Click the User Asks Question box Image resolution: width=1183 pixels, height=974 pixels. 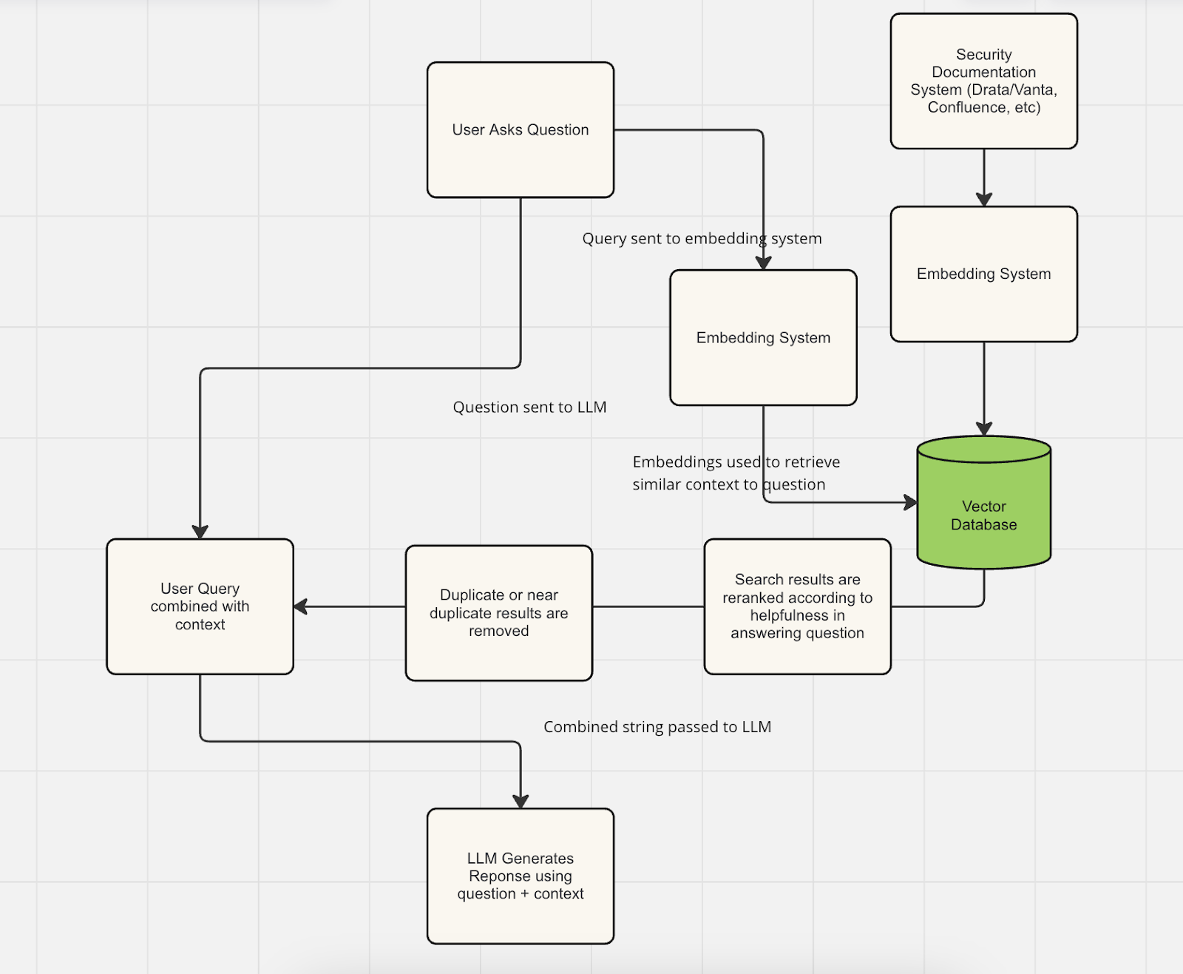click(521, 130)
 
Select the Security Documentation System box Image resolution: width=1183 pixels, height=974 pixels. click(983, 81)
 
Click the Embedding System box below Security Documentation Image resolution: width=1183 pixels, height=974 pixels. click(983, 274)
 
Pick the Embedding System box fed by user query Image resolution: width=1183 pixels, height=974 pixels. click(763, 337)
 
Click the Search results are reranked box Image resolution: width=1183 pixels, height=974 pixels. click(797, 606)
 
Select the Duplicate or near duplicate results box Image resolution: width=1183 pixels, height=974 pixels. click(499, 613)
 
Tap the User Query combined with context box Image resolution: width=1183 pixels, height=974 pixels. click(200, 606)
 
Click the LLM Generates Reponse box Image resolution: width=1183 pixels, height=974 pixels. click(521, 876)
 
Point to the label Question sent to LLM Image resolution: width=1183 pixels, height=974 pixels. click(529, 407)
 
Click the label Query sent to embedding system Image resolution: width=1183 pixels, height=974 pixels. click(702, 239)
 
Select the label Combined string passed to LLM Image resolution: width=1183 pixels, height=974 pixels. click(657, 727)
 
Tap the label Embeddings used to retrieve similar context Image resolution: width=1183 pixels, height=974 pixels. click(736, 473)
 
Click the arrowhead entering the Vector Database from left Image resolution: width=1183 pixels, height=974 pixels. click(911, 503)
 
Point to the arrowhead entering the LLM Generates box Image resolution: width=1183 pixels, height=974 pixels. click(521, 802)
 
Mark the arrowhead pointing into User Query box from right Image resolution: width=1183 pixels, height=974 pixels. click(301, 606)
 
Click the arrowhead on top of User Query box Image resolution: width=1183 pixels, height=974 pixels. click(200, 532)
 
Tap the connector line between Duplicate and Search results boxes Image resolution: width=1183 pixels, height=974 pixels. click(648, 606)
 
